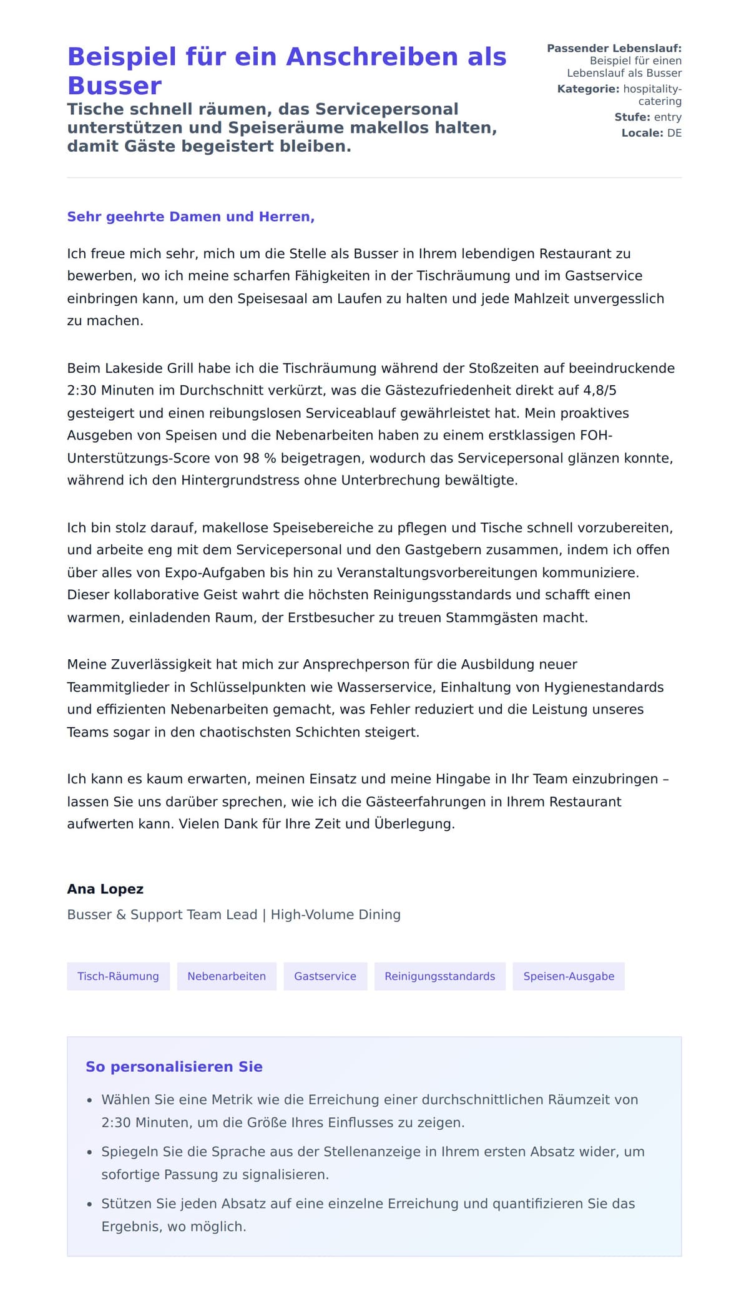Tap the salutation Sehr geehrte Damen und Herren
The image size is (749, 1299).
coord(190,217)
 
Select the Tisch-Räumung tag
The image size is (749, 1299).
coord(118,976)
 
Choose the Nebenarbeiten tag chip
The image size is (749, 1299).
coord(227,976)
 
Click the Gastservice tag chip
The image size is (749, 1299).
coord(325,976)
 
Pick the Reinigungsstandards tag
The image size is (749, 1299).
coord(439,976)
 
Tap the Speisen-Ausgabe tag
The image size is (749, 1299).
coord(569,976)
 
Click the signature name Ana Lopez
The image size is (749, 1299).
coord(105,889)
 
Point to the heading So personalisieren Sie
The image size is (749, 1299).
coord(174,1067)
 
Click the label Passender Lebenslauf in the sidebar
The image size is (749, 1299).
coord(614,48)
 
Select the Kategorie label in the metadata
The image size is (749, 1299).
coord(588,89)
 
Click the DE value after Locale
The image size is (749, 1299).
coord(674,133)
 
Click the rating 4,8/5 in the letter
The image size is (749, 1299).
coord(599,391)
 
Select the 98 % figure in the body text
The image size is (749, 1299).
coord(259,458)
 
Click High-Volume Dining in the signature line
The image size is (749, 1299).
coord(336,914)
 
